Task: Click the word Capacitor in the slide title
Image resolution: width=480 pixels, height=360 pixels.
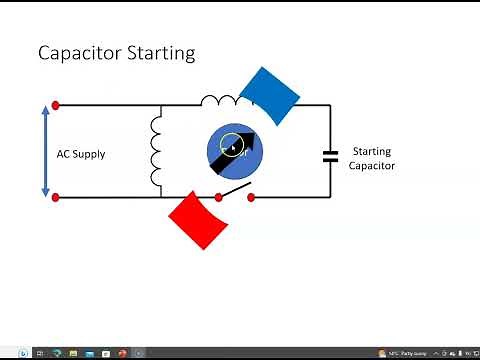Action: (x=80, y=53)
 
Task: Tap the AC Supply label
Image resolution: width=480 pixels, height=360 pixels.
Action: (x=81, y=154)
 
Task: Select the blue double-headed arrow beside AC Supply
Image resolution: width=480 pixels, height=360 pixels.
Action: (x=45, y=150)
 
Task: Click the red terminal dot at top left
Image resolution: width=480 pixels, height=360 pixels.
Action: (x=56, y=104)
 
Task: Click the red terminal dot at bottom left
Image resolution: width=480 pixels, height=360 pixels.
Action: (x=56, y=197)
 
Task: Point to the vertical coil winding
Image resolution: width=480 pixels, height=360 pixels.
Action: (x=156, y=151)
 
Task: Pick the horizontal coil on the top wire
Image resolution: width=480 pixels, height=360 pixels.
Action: (x=220, y=101)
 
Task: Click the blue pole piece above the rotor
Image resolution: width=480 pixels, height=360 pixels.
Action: (x=270, y=95)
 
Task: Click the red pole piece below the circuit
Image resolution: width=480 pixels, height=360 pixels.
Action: (x=197, y=220)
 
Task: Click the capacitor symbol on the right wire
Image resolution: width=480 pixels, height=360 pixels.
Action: (x=330, y=155)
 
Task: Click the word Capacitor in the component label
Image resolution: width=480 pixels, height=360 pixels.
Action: (x=372, y=165)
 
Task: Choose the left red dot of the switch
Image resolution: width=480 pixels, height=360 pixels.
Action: (x=216, y=197)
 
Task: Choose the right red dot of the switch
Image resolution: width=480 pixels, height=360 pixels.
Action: (x=251, y=197)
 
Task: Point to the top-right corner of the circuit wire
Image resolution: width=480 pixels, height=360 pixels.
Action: (x=330, y=105)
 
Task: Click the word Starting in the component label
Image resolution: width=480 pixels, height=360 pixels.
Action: (x=372, y=152)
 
